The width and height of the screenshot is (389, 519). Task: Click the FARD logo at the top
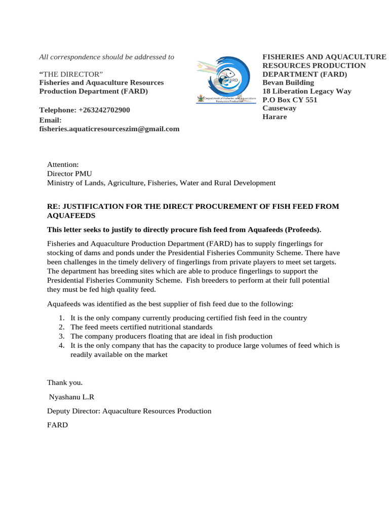click(x=223, y=79)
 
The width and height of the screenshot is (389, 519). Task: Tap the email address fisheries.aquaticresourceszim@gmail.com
click(x=109, y=129)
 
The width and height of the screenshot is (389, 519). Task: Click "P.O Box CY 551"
click(x=290, y=100)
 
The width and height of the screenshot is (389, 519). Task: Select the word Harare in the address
click(x=275, y=117)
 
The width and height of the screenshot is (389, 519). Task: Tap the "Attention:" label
click(x=63, y=165)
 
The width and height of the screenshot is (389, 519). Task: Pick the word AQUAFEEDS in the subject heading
click(x=68, y=215)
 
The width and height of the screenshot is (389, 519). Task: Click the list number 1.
click(x=61, y=318)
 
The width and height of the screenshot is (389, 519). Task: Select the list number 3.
click(x=61, y=336)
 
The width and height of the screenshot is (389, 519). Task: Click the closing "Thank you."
click(x=64, y=382)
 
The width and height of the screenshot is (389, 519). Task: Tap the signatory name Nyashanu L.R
click(x=71, y=397)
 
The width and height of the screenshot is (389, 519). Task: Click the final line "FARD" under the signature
click(x=57, y=425)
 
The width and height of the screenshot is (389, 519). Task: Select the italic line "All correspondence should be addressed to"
click(x=107, y=57)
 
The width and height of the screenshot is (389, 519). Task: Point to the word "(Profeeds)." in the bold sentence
click(x=303, y=230)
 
